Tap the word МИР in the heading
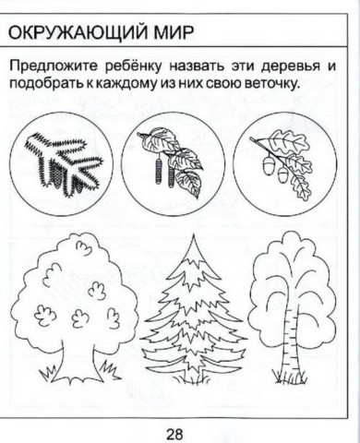(x=174, y=32)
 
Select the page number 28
(x=174, y=435)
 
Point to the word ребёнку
(x=133, y=66)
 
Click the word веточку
(x=271, y=83)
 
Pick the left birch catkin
(x=158, y=172)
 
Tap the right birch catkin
(x=171, y=174)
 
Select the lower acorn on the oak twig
(x=282, y=175)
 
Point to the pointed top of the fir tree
(x=194, y=234)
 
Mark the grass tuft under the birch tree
(x=289, y=377)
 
